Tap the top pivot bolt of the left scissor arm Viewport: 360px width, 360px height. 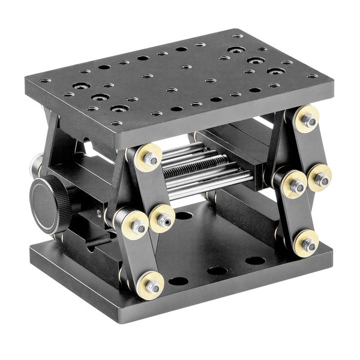click(x=149, y=160)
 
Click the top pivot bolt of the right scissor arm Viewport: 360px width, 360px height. click(x=310, y=121)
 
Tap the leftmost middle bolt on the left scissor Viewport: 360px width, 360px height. click(x=138, y=226)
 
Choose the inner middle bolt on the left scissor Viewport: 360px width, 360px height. click(x=164, y=221)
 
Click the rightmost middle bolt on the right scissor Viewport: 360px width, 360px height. click(x=322, y=178)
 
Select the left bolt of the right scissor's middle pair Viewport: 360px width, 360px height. click(x=295, y=184)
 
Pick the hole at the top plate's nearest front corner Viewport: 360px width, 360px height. click(x=118, y=123)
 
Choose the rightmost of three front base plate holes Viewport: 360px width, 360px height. click(x=255, y=260)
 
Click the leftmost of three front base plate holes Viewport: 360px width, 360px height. click(x=178, y=281)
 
